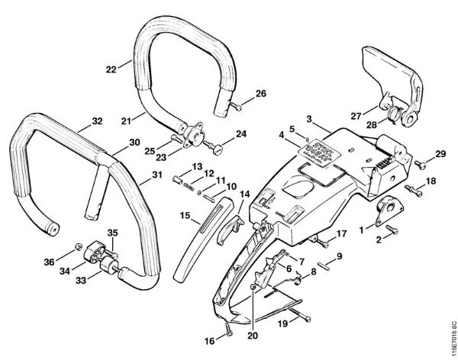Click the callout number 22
tap(111, 69)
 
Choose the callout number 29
tap(440, 155)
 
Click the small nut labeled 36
tap(77, 246)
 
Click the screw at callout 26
tap(236, 107)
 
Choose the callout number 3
tap(310, 118)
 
